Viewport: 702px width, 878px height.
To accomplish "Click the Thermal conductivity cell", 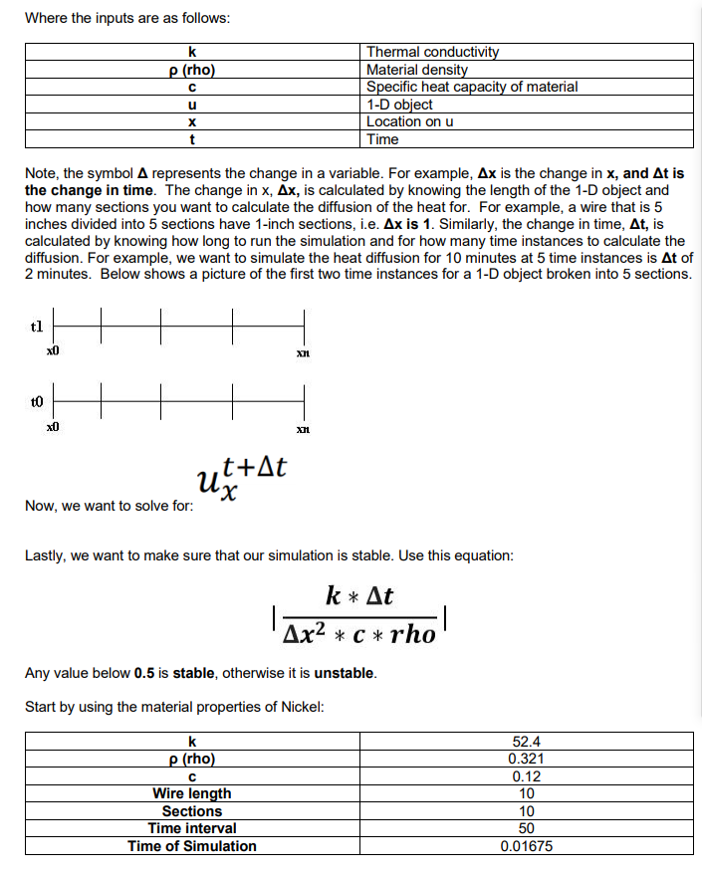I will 432,52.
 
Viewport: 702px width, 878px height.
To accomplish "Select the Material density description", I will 416,70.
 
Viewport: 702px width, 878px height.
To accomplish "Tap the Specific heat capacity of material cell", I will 471,87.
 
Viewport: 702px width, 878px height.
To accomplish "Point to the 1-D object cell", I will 399,105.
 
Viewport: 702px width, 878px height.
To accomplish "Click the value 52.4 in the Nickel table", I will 527,741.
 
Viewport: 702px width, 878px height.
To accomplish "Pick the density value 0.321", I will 527,759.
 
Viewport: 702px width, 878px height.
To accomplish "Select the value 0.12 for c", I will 527,776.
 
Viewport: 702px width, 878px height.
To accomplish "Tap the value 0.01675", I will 527,846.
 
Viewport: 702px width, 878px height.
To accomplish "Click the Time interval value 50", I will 527,828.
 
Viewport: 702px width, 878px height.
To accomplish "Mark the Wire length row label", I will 191,793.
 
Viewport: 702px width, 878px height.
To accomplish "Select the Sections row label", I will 191,811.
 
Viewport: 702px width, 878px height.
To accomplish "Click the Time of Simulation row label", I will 191,846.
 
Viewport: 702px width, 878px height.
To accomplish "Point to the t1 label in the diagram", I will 37,326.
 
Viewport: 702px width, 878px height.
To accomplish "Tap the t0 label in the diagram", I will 37,402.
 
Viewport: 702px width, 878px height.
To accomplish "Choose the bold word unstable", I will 345,673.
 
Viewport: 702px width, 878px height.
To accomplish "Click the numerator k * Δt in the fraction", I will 359,596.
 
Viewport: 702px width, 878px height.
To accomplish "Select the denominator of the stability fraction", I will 359,634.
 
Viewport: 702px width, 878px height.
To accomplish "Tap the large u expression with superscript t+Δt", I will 242,479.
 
